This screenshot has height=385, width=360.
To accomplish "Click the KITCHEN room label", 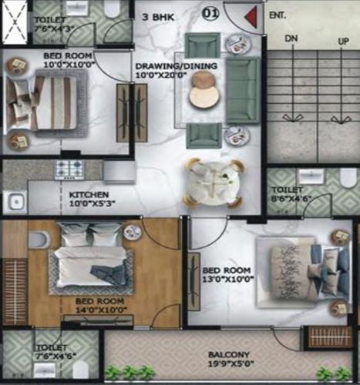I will [89, 194].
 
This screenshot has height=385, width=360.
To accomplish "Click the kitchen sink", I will [15, 203].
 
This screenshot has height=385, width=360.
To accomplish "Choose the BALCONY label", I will [227, 357].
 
